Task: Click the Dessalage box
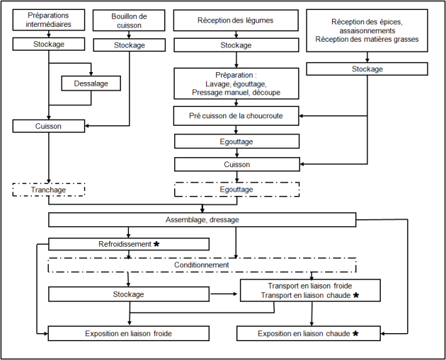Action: pyautogui.click(x=91, y=83)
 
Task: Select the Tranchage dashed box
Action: pyautogui.click(x=49, y=190)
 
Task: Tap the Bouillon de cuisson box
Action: pyautogui.click(x=129, y=21)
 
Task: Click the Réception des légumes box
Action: pyautogui.click(x=236, y=21)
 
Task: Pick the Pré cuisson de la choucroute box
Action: pyautogui.click(x=236, y=116)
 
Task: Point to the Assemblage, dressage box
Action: pyautogui.click(x=202, y=220)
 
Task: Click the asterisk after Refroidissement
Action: pyautogui.click(x=156, y=244)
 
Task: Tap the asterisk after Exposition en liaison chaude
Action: pyautogui.click(x=355, y=333)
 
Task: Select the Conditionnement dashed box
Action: pyautogui.click(x=202, y=265)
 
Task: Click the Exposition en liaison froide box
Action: pyautogui.click(x=129, y=333)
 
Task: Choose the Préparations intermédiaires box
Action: pyautogui.click(x=49, y=20)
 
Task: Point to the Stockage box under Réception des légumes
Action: pyautogui.click(x=236, y=45)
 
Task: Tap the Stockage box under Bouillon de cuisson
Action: pyautogui.click(x=130, y=45)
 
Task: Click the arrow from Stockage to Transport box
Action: pyautogui.click(x=224, y=294)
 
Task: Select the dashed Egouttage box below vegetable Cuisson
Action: pyautogui.click(x=236, y=190)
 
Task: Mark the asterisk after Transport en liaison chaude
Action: pyautogui.click(x=356, y=295)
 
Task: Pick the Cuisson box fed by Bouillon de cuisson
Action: pyautogui.click(x=49, y=126)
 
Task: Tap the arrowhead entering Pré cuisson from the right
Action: pyautogui.click(x=301, y=116)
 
